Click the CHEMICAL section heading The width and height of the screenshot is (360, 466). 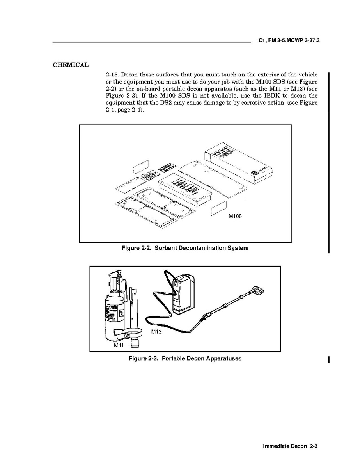(71, 65)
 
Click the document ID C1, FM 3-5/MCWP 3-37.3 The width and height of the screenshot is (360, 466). (289, 41)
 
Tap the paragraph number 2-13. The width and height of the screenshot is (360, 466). (112, 75)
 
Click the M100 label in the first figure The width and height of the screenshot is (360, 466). (235, 216)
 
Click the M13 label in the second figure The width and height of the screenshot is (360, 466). (156, 332)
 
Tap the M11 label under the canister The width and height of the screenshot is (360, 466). (119, 345)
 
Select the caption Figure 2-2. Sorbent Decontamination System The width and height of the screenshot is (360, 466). (185, 248)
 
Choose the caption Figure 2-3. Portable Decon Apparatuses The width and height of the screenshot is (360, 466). (185, 358)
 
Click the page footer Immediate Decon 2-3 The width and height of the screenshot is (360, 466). (290, 446)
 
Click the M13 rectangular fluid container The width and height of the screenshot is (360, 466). (184, 294)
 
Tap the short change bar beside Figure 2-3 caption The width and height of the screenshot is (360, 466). (328, 359)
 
